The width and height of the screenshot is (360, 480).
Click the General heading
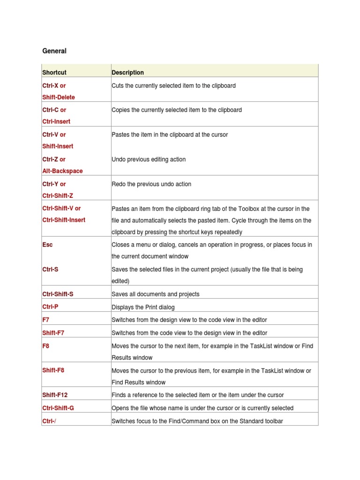(54, 51)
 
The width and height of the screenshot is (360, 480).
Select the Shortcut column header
(54, 73)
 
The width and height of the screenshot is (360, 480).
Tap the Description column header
(127, 73)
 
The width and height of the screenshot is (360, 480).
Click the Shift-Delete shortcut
(59, 97)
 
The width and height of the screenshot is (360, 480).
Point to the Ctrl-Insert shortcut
(56, 121)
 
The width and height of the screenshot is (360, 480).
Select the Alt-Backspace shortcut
(62, 171)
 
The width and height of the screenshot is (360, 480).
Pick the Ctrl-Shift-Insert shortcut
(64, 220)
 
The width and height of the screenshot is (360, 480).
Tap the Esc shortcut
(47, 245)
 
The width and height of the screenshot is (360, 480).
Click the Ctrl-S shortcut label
(50, 270)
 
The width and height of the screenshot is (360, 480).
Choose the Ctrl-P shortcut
(50, 307)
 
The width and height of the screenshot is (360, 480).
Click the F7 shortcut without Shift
(46, 320)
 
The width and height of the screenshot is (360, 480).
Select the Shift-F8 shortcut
(53, 370)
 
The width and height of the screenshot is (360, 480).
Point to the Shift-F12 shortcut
(55, 395)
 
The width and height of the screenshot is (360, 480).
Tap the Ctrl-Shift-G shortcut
(58, 408)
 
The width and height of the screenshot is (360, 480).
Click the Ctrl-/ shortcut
(49, 421)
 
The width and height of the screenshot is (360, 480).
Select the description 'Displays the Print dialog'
(143, 307)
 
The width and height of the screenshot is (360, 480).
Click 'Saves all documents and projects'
(155, 294)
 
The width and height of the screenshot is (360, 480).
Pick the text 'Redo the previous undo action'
(151, 184)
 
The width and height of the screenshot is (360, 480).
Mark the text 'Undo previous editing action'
(149, 159)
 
